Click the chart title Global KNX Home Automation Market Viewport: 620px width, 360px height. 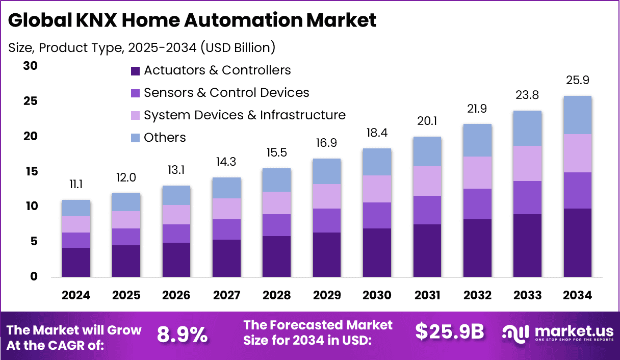point(192,20)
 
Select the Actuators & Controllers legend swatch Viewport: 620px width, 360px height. point(135,70)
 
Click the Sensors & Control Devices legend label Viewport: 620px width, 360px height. point(226,93)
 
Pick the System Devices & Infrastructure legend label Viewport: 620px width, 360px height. point(244,115)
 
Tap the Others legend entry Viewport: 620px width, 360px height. point(165,138)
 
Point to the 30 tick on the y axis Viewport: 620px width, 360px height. point(31,66)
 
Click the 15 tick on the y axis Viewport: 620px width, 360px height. point(31,172)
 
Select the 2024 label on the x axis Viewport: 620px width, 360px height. point(76,296)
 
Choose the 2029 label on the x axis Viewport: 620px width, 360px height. point(327,296)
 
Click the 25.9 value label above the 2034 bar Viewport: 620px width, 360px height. point(578,81)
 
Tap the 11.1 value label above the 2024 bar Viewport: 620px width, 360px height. point(76,185)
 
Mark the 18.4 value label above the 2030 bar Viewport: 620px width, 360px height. point(377,133)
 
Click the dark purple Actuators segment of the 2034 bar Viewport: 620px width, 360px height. point(578,243)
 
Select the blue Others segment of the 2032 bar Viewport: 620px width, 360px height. point(477,140)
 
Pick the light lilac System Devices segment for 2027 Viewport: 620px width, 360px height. point(226,209)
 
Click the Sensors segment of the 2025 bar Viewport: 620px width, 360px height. point(126,237)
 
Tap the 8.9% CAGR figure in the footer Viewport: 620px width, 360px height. point(182,335)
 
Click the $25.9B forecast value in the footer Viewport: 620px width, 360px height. point(449,332)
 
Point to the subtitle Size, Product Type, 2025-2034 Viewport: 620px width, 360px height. point(142,47)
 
